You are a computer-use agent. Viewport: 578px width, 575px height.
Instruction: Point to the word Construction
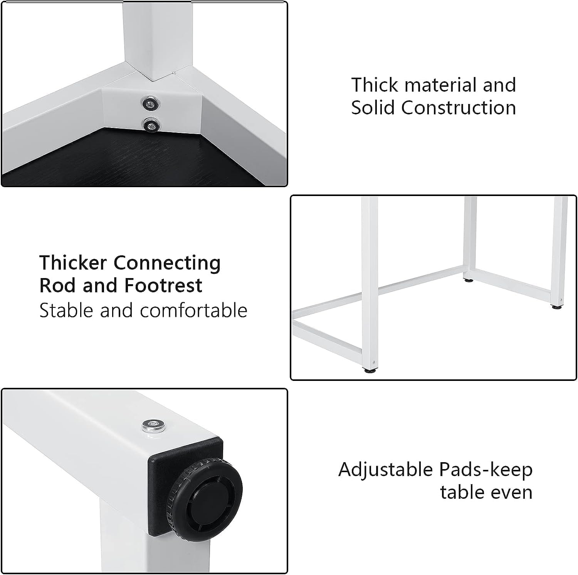(459, 107)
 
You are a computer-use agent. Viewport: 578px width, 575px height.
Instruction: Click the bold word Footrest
(163, 285)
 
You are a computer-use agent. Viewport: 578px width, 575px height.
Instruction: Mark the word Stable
(67, 310)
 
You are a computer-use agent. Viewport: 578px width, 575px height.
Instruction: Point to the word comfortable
(193, 310)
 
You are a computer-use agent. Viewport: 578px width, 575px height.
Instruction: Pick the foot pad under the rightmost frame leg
(559, 307)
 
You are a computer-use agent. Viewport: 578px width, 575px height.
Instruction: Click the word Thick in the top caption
(375, 85)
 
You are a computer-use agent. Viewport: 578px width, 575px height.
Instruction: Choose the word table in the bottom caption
(464, 492)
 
